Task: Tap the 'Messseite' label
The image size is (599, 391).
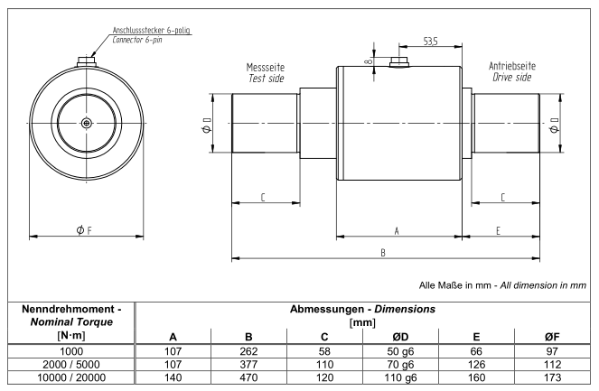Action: pyautogui.click(x=266, y=68)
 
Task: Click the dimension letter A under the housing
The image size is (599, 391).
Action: pyautogui.click(x=397, y=231)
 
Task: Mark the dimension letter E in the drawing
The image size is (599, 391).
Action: pyautogui.click(x=499, y=231)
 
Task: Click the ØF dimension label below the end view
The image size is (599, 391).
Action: pyautogui.click(x=81, y=230)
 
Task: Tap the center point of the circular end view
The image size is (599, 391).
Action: pyautogui.click(x=85, y=123)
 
